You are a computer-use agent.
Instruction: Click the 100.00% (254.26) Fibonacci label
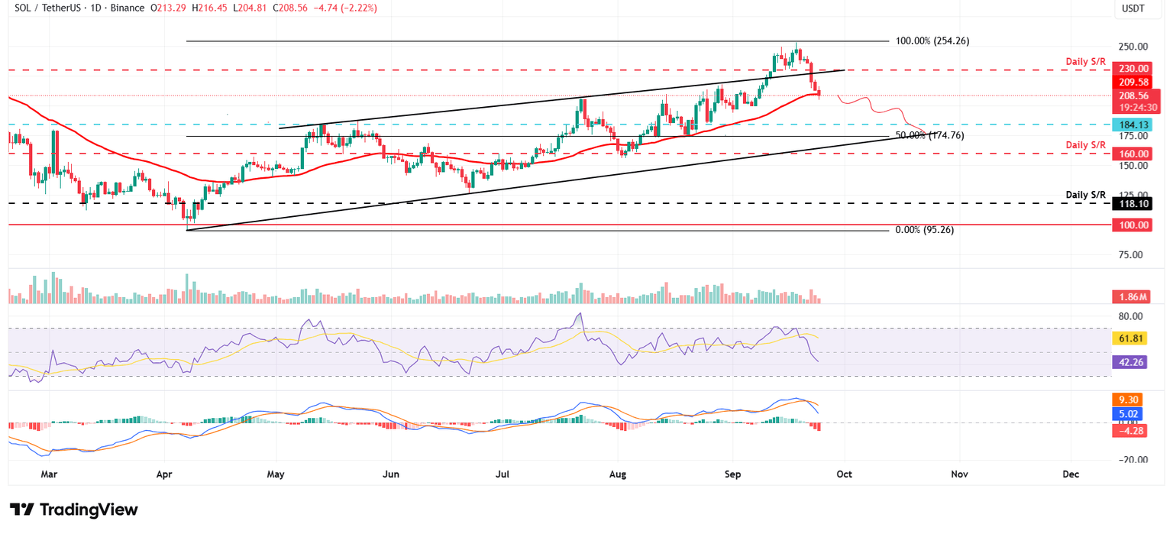point(932,40)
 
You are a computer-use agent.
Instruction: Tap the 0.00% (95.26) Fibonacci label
point(924,229)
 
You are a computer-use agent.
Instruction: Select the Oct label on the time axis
point(844,474)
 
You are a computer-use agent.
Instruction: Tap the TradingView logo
point(74,510)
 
